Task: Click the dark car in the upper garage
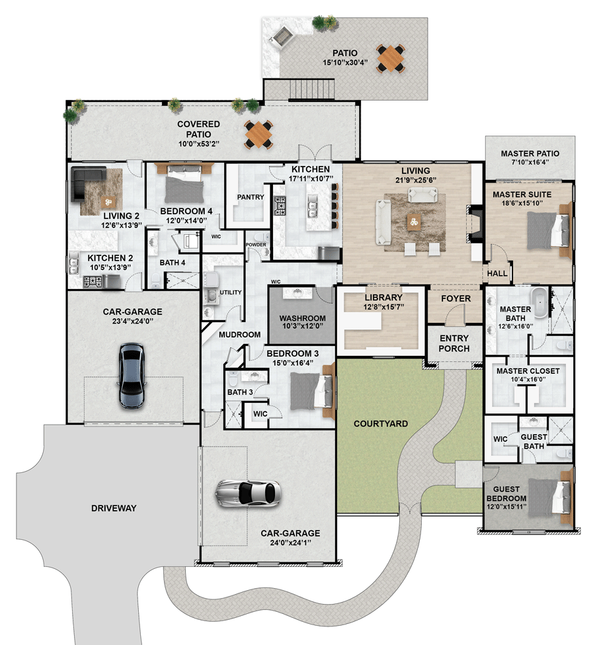[132, 375]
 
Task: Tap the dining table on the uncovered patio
[391, 58]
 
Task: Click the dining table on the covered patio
[258, 134]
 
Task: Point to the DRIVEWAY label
[113, 508]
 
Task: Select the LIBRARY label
[382, 298]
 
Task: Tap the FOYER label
[456, 298]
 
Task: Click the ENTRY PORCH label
[454, 343]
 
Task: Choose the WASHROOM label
[302, 318]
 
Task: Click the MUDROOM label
[239, 335]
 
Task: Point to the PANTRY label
[251, 196]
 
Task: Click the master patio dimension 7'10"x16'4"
[530, 161]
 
